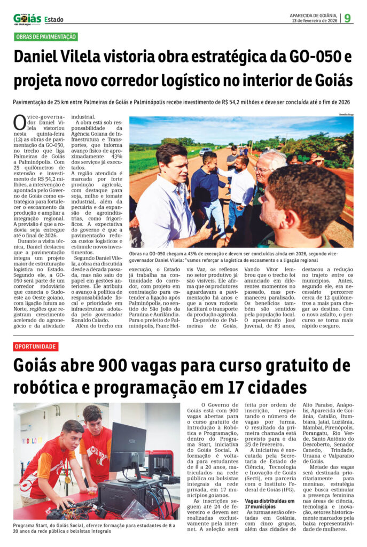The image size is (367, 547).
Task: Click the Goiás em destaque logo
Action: [x=27, y=19]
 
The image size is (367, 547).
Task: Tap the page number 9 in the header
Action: [x=348, y=18]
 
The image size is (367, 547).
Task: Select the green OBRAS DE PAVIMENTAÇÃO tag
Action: [x=46, y=37]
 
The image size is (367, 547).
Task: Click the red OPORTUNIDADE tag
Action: [x=35, y=347]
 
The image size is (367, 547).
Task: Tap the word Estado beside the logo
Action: [x=53, y=20]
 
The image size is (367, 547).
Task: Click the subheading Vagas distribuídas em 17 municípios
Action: [x=270, y=504]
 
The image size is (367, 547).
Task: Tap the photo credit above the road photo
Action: [x=347, y=114]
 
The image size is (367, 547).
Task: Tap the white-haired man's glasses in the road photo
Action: [x=263, y=169]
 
